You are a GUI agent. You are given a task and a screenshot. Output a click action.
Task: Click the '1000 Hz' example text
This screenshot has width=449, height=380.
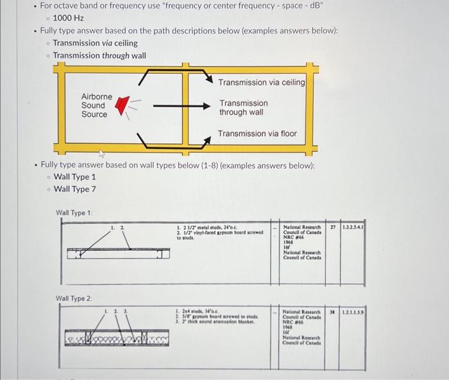68,18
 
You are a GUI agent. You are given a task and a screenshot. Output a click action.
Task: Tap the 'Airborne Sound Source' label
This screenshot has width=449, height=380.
96,105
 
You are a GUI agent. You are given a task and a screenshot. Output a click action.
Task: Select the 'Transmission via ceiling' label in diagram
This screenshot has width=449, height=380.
261,82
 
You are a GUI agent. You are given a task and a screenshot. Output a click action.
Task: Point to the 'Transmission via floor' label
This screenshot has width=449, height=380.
257,134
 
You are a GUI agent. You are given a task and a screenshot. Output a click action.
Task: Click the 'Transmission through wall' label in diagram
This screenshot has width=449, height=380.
243,107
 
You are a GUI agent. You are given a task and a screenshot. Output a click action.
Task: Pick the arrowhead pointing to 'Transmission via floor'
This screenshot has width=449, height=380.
207,137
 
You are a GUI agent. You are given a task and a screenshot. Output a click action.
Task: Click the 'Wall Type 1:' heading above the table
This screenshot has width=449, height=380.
74,212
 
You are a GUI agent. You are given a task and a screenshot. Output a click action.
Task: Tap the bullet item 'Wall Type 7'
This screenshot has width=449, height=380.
75,189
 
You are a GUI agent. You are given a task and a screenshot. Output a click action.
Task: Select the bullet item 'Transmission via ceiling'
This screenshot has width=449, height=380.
95,43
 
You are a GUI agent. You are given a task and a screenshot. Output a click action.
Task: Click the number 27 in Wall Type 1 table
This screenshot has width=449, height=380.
332,227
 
